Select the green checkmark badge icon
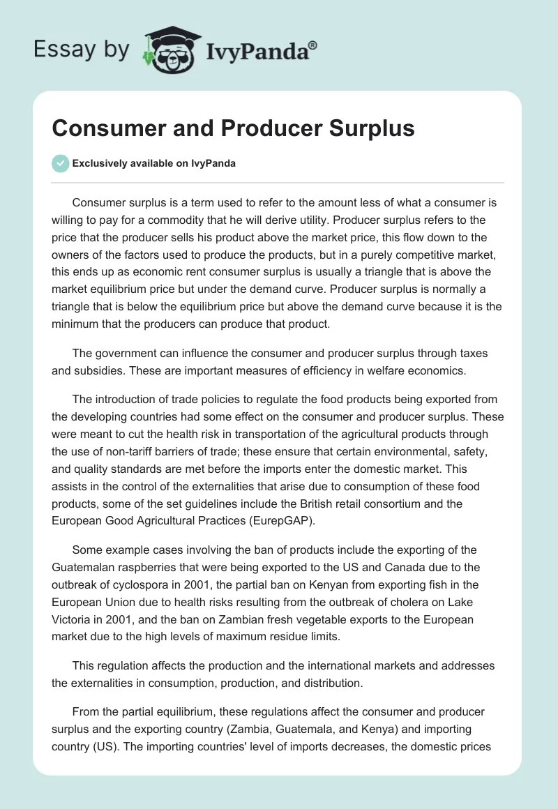point(60,163)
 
